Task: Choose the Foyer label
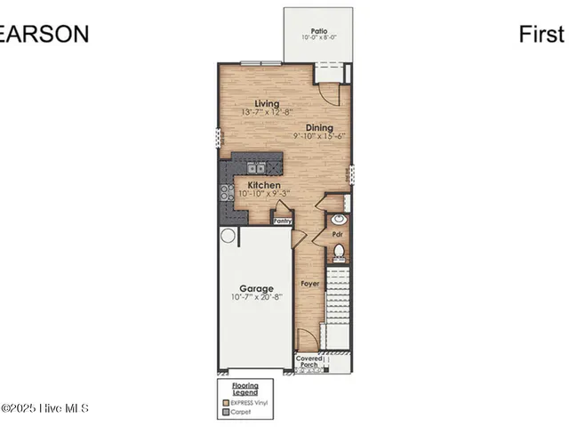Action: (309, 284)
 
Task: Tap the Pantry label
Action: (283, 220)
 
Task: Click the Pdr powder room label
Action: (338, 234)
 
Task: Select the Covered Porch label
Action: (309, 361)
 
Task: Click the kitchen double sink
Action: (256, 166)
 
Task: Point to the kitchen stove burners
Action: (226, 192)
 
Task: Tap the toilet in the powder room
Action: (339, 253)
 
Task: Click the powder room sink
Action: (338, 219)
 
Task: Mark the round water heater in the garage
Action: (228, 236)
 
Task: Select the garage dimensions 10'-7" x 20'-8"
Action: (252, 297)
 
